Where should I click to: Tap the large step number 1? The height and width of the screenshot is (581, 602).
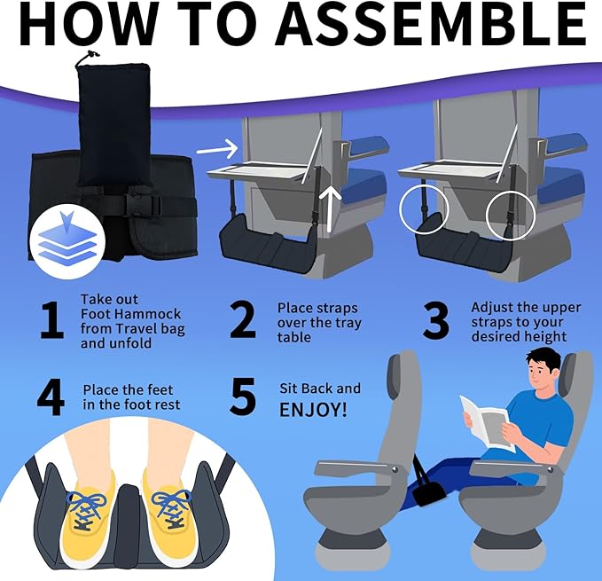tap(51, 320)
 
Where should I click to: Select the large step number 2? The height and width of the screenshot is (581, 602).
tap(243, 319)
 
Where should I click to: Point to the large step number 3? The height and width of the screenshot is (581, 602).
tap(435, 320)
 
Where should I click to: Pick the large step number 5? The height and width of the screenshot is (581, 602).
tap(243, 396)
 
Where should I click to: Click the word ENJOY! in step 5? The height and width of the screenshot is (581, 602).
tap(313, 410)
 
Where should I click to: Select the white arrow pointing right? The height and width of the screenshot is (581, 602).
tap(217, 149)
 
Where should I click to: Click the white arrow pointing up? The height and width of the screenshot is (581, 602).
tap(330, 209)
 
